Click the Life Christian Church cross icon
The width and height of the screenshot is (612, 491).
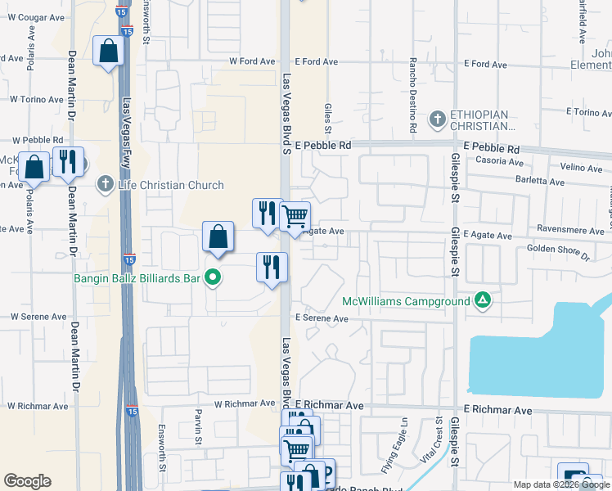tap(105, 185)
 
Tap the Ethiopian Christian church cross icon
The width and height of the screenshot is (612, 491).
tap(438, 119)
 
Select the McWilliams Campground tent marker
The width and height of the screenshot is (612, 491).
tap(484, 301)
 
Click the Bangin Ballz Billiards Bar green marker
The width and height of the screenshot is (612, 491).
tap(213, 278)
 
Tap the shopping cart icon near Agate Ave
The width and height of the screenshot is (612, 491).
tap(295, 218)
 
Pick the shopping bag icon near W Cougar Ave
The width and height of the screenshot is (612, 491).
tap(108, 52)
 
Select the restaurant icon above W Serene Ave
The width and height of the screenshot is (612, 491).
tap(272, 268)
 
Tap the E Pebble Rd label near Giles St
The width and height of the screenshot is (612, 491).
tap(323, 145)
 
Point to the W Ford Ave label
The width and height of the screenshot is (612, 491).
tap(249, 61)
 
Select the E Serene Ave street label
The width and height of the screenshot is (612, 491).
tap(322, 318)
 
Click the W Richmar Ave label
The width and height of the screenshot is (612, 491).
tap(245, 403)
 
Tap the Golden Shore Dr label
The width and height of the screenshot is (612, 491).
tap(559, 251)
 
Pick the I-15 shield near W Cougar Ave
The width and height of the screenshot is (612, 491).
tap(128, 30)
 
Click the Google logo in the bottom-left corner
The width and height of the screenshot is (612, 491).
tap(27, 481)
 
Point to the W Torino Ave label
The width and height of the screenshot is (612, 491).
tap(36, 99)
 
